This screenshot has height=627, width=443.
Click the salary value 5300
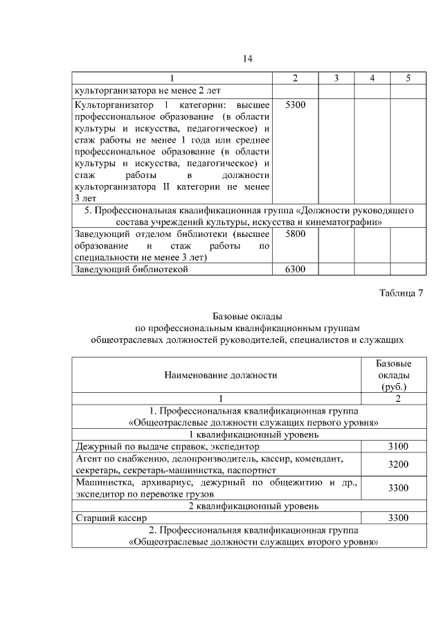pyautogui.click(x=296, y=104)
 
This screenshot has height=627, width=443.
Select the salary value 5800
pyautogui.click(x=296, y=234)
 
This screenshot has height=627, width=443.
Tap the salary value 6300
pyautogui.click(x=296, y=270)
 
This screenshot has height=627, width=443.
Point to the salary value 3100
pyautogui.click(x=398, y=447)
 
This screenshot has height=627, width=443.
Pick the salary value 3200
pyautogui.click(x=398, y=464)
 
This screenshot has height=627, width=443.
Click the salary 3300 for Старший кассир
pyautogui.click(x=398, y=518)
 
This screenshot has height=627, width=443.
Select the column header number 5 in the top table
pyautogui.click(x=408, y=78)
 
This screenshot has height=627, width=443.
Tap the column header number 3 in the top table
pyautogui.click(x=336, y=78)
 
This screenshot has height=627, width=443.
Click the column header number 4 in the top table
pyautogui.click(x=372, y=78)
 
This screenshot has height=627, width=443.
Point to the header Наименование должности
pyautogui.click(x=220, y=375)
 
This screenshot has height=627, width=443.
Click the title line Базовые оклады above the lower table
pyautogui.click(x=248, y=317)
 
